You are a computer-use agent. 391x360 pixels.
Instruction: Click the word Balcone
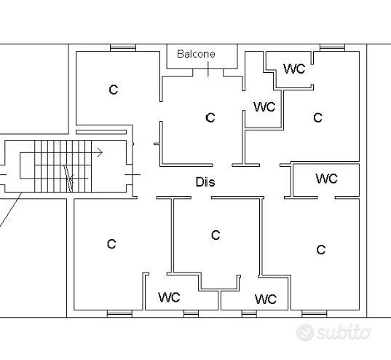[x=196, y=54]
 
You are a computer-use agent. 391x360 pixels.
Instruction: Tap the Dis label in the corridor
[x=205, y=182]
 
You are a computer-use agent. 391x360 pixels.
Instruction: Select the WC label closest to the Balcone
[x=264, y=106]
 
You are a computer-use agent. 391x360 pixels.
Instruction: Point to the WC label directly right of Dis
[x=326, y=179]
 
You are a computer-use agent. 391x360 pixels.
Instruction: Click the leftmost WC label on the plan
[x=169, y=297]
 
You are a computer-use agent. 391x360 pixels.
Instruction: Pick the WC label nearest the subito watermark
[x=266, y=299]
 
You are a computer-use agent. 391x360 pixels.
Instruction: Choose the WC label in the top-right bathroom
[x=294, y=69]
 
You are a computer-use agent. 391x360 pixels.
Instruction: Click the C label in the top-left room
[x=114, y=90]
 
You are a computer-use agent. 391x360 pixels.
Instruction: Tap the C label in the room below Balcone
[x=210, y=117]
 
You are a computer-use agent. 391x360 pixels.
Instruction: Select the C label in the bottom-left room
[x=111, y=244]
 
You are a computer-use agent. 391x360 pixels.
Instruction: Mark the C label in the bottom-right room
[x=321, y=249]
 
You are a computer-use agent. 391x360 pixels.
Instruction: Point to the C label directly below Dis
[x=216, y=235]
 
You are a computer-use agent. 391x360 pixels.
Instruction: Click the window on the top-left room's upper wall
[x=123, y=47]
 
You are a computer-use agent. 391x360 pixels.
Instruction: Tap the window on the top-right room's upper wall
[x=333, y=47]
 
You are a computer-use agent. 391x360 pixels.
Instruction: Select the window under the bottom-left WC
[x=191, y=314]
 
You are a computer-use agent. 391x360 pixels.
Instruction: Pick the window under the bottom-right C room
[x=315, y=314]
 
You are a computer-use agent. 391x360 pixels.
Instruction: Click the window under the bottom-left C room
[x=119, y=314]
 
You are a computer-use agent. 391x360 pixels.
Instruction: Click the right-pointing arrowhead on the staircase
[x=100, y=152]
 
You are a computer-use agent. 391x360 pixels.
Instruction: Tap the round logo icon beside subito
[x=305, y=332]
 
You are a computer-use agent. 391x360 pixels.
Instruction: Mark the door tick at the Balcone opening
[x=208, y=69]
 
